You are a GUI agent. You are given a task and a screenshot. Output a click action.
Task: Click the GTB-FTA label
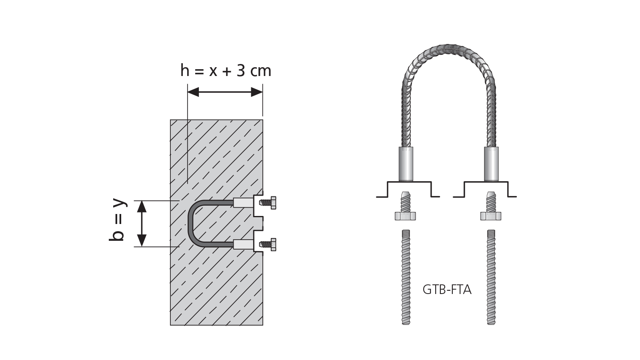[x=447, y=290]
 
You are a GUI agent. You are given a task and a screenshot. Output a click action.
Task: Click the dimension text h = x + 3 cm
[x=226, y=71]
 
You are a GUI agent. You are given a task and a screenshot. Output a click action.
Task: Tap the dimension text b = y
[x=117, y=220]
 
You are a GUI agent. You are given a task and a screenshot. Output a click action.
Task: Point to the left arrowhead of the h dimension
[x=193, y=92]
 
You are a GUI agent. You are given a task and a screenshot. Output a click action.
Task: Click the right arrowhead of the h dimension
[x=257, y=92]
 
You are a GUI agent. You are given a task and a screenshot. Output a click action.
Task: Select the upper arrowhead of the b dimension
[x=142, y=206]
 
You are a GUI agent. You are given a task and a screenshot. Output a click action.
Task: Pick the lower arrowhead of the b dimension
[x=142, y=241]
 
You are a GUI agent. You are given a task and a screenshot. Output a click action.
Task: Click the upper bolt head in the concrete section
[x=274, y=203]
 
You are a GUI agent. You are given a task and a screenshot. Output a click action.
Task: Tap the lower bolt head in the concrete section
[x=274, y=244]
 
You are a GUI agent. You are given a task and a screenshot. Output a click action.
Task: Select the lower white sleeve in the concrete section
[x=243, y=244]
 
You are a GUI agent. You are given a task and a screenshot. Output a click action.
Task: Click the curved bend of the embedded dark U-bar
[x=191, y=224]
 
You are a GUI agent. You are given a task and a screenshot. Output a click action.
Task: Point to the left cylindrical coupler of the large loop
[x=406, y=164]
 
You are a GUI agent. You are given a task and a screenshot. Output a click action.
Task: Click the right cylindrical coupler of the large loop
[x=491, y=164]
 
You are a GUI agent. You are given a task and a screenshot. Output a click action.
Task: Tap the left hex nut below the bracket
[x=405, y=216]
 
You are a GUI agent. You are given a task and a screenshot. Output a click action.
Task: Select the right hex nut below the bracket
[x=491, y=216]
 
